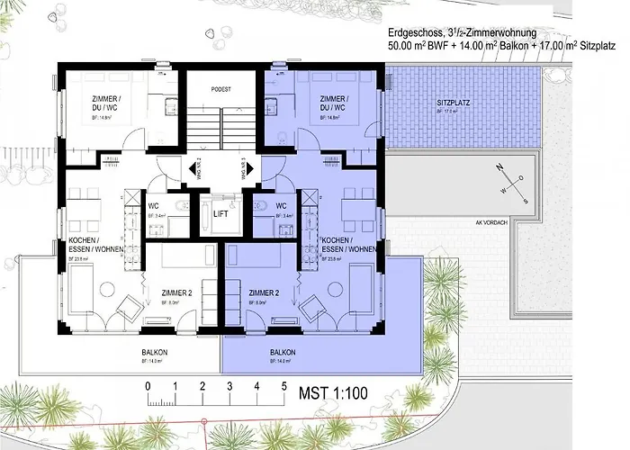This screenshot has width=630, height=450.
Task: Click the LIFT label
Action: coord(221,213)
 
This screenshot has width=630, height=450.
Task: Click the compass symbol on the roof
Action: coord(501,177)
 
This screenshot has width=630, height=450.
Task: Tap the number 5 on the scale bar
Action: coord(285,385)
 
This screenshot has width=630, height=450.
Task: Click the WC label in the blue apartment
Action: coord(282,206)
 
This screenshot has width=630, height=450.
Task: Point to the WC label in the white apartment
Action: coord(153,206)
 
